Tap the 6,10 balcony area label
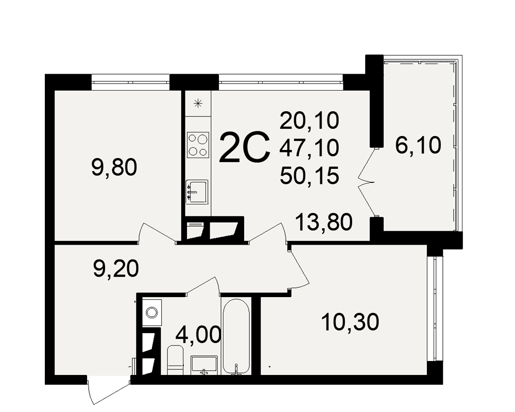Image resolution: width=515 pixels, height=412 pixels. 418,145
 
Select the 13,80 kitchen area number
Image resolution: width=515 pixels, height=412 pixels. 324,222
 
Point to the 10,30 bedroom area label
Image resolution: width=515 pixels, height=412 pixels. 350,322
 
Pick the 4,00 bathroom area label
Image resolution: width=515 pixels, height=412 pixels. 198,335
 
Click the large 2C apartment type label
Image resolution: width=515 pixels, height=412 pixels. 244,147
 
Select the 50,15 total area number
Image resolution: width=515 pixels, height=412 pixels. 309,175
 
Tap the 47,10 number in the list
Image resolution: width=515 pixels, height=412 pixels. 309,147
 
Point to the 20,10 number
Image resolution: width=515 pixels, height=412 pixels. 309,120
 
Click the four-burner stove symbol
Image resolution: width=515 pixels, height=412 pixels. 198,144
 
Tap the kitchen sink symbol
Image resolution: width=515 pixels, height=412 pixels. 197,192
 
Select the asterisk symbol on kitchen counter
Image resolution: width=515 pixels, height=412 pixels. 198,104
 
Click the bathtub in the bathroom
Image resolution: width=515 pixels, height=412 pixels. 236,336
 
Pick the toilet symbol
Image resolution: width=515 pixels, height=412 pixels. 176,360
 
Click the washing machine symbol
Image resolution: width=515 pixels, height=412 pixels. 151,313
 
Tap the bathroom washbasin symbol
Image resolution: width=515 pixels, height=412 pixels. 204,365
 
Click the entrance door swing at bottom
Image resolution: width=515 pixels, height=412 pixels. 109,391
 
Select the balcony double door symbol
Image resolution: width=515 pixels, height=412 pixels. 368,183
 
